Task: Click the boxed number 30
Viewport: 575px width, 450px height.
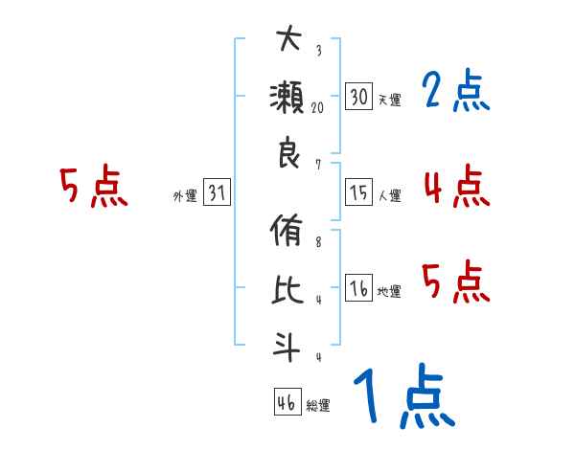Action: pyautogui.click(x=359, y=98)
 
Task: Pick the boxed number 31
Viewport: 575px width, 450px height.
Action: pyautogui.click(x=217, y=194)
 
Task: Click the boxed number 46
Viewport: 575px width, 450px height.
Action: pyautogui.click(x=287, y=403)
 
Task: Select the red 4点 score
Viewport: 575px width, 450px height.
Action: pyautogui.click(x=455, y=187)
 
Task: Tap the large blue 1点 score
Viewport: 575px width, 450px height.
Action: pyautogui.click(x=403, y=396)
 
